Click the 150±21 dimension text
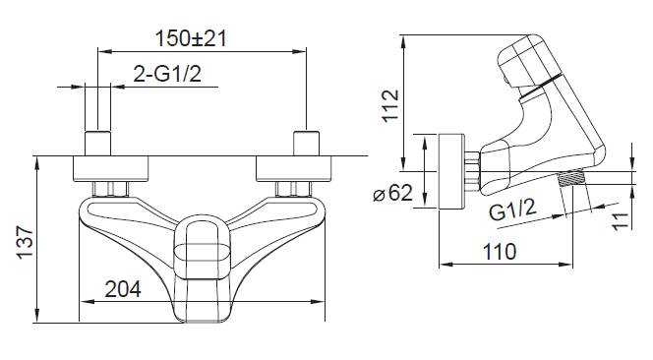pos(191,38)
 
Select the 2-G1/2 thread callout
pos(167,74)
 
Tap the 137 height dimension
pos(25,243)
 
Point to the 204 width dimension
pos(123,289)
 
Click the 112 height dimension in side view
pos(390,106)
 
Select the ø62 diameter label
pos(392,193)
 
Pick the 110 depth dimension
pos(500,252)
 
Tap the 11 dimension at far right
pos(621,220)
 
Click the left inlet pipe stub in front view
pos(98,144)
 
